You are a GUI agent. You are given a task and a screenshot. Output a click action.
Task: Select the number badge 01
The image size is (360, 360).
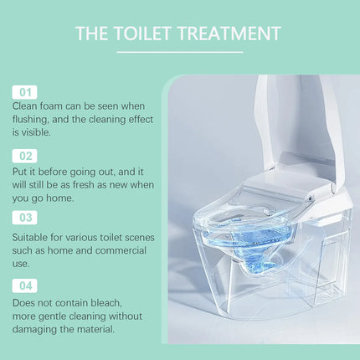(x=24, y=91)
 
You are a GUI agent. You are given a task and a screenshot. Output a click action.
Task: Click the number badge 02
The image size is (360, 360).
(x=24, y=155)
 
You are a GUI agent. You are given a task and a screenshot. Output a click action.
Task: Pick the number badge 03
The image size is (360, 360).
(x=24, y=218)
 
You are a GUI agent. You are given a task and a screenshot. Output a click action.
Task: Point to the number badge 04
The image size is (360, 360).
(x=24, y=285)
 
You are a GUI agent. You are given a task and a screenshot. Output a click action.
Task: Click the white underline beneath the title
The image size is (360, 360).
(x=179, y=52)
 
